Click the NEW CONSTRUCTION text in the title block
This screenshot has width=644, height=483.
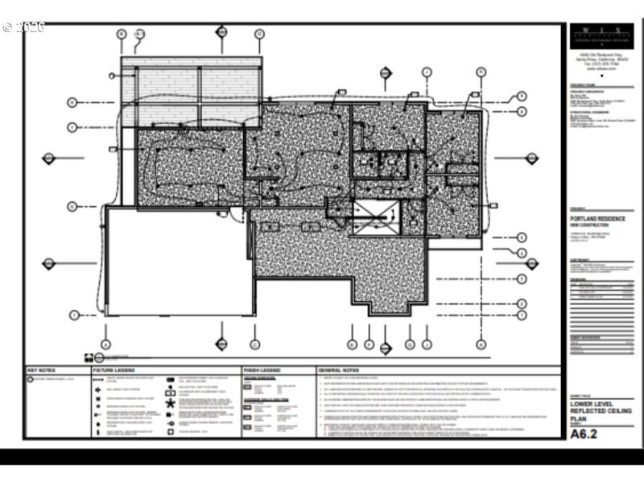588,224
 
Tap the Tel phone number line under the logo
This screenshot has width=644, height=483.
596,64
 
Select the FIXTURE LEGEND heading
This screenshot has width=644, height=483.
112,369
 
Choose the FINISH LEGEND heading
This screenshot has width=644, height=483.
262,369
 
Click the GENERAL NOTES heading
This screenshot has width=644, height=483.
336,369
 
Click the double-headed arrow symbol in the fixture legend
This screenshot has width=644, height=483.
171,423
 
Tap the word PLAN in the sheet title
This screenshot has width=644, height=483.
579,418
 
